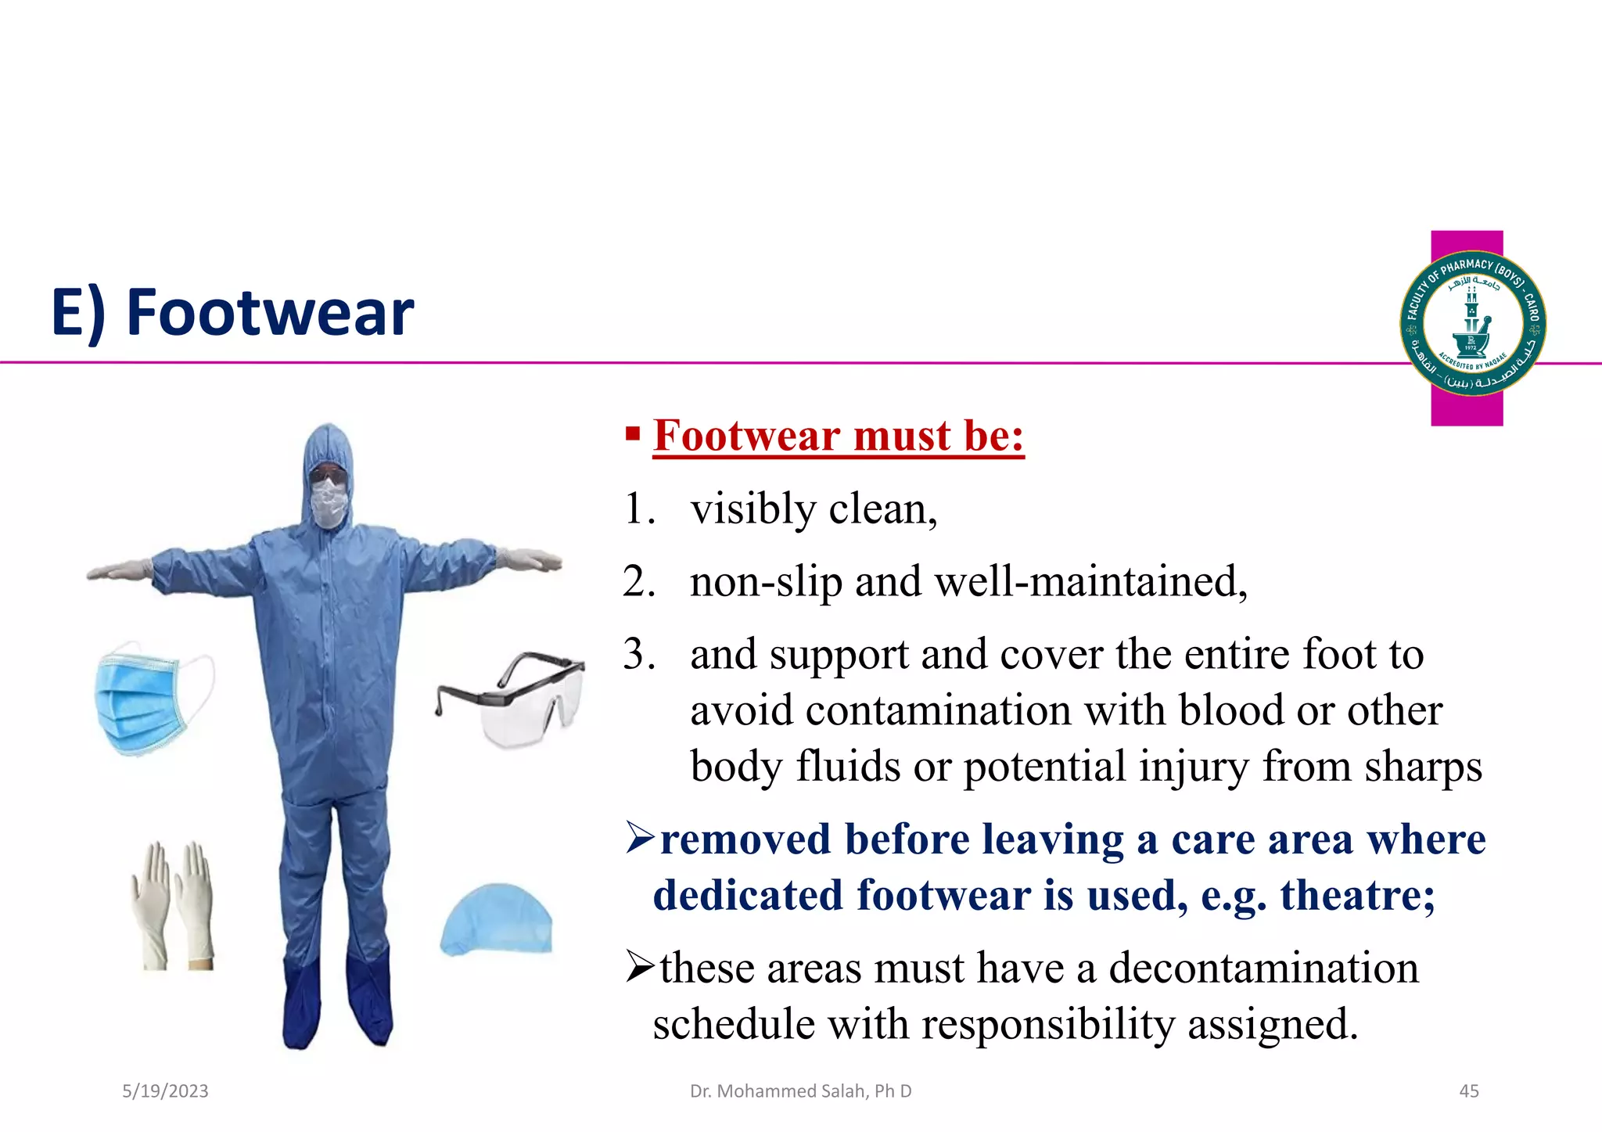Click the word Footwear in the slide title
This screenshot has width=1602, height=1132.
coord(270,313)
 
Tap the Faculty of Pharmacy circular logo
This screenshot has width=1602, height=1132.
coord(1472,323)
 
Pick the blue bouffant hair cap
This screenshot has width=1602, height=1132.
coord(497,920)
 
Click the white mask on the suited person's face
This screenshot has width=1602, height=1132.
coord(329,501)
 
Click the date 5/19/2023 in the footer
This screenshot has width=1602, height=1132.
coord(165,1091)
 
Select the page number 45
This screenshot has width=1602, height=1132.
coord(1469,1091)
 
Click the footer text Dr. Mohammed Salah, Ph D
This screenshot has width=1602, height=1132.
coord(800,1091)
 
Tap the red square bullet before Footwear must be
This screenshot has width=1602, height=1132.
coord(633,433)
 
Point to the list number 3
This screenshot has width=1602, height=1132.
coord(638,654)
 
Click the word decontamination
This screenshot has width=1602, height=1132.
coord(1263,968)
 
